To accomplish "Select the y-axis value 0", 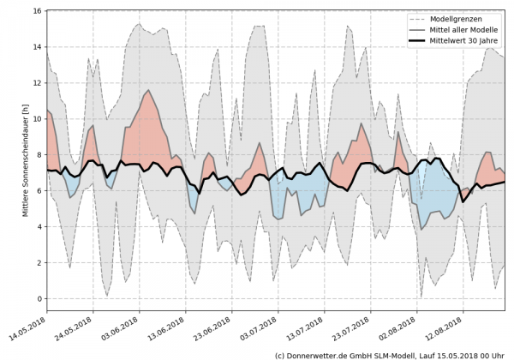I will (38, 298).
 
